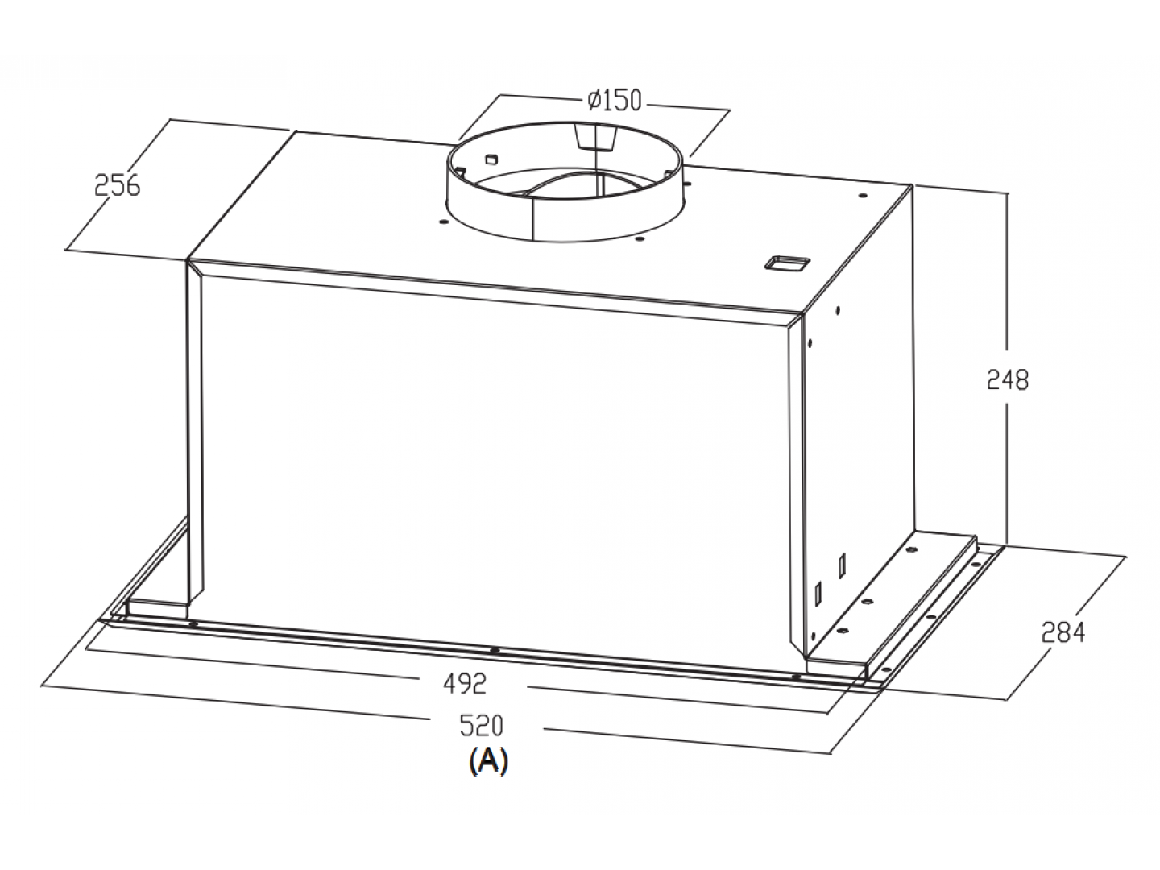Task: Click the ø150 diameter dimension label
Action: (x=615, y=101)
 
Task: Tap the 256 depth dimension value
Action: (x=118, y=185)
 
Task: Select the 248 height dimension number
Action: (x=1008, y=379)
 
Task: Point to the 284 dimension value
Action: (x=1063, y=632)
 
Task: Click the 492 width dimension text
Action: (x=465, y=684)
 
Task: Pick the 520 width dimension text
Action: (x=482, y=725)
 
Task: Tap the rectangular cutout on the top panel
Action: (x=784, y=263)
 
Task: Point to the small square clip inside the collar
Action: (x=491, y=159)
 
